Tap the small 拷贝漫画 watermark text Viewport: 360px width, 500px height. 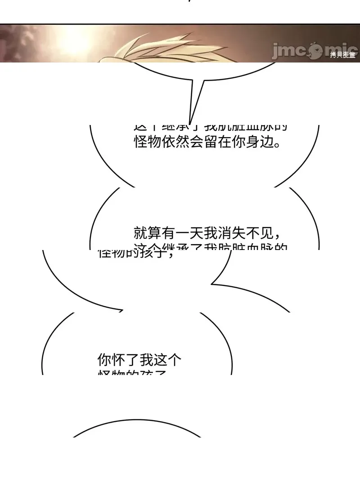point(343,55)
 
